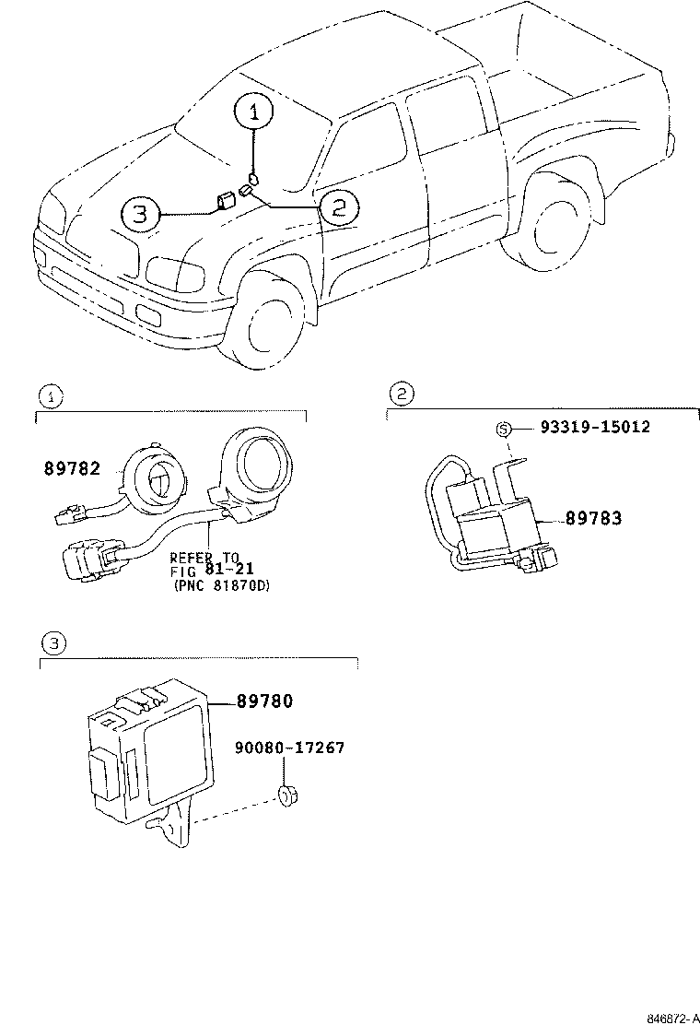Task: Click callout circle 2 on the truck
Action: [x=337, y=206]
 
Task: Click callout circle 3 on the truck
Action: [x=140, y=215]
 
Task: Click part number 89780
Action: [x=263, y=702]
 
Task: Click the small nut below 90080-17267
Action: [x=287, y=795]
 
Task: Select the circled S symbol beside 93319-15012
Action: [x=503, y=428]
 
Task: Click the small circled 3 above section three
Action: [x=53, y=643]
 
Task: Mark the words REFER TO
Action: [x=204, y=558]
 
